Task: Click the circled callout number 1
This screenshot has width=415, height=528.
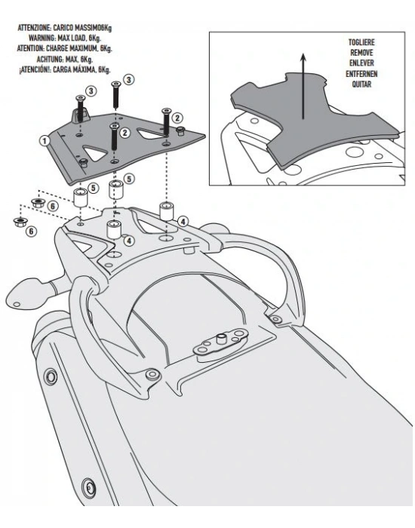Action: click(x=45, y=140)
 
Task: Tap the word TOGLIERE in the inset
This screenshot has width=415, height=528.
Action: click(x=361, y=42)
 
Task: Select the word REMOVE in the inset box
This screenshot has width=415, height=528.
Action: click(x=361, y=53)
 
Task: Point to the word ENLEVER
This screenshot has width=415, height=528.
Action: click(x=361, y=63)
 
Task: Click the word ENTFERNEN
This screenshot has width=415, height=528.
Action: click(x=361, y=74)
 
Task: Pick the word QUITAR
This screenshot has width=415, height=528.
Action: click(x=361, y=84)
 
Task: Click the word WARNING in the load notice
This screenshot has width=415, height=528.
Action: click(x=41, y=38)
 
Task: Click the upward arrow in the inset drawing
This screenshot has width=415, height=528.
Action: click(x=303, y=86)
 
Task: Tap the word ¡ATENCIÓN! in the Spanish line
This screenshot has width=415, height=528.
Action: click(x=35, y=69)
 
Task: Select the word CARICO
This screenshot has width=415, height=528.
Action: click(x=63, y=27)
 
